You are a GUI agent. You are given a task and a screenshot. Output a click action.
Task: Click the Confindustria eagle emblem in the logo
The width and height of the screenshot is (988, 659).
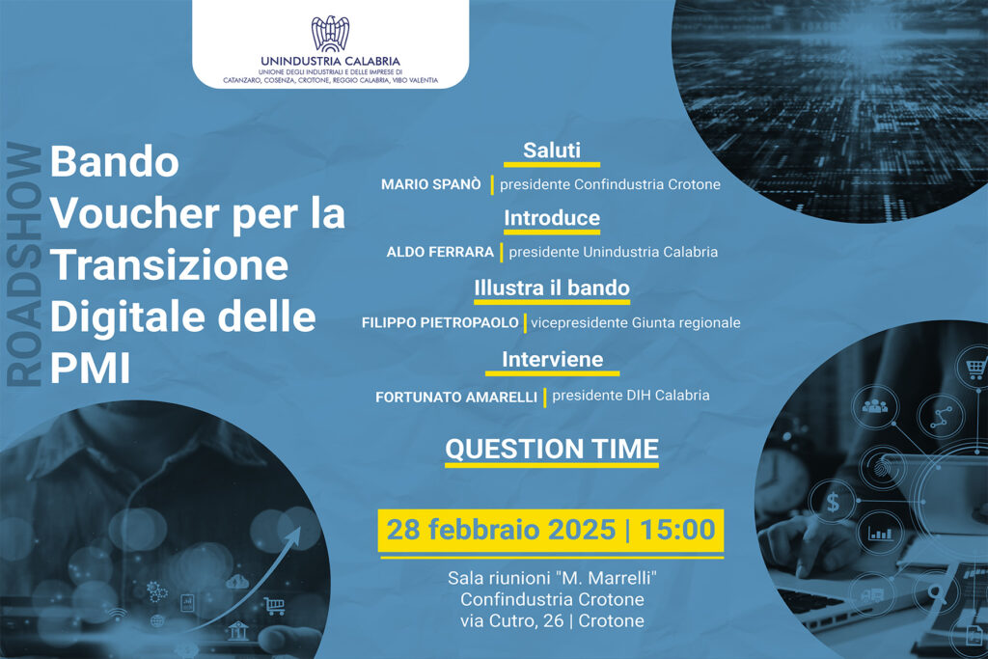330,34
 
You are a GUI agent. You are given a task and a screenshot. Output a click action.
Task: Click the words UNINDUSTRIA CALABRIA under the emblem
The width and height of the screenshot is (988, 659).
330,61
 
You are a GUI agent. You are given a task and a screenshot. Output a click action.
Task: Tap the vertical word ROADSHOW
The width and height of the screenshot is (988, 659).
24,264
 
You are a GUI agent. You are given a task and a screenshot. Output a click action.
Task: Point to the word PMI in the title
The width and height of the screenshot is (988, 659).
90,368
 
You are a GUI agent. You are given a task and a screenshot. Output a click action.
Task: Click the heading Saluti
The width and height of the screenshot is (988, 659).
551,150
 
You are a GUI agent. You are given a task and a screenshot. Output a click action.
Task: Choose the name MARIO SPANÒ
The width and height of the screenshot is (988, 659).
431,184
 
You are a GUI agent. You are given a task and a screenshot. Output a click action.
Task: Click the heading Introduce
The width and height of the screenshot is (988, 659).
552,218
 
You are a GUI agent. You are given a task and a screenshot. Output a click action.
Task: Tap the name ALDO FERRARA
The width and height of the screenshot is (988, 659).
440,252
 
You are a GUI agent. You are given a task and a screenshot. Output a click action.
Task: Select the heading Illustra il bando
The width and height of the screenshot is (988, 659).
552,288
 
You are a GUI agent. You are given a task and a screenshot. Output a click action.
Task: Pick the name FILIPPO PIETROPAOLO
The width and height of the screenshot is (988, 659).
440,322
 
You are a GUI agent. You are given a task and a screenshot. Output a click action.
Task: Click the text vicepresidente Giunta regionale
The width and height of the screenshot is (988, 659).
635,322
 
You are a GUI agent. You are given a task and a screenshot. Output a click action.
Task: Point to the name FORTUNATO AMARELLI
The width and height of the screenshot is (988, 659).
456,398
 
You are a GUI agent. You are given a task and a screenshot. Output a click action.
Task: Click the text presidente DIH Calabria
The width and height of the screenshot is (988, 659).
631,395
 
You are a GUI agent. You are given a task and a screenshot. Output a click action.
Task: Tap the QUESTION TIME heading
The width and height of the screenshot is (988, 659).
552,450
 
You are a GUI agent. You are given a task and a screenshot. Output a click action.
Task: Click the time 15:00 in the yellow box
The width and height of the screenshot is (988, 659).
677,529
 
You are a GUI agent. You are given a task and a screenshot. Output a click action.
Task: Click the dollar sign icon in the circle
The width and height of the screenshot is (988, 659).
833,502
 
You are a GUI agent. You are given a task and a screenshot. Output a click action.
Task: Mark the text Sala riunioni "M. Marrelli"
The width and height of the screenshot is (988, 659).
553,578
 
